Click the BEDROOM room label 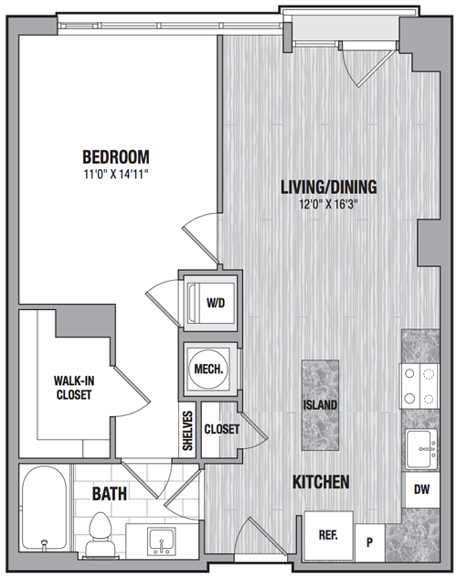[116, 157]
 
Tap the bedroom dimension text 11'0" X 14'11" [116, 174]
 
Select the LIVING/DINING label [329, 187]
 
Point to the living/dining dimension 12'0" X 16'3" [329, 204]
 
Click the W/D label [216, 303]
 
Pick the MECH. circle [208, 369]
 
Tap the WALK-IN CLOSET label [74, 387]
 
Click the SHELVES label [187, 431]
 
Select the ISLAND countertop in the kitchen [320, 405]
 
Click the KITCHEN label [321, 482]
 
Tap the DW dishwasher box [422, 489]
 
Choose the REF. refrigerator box [328, 535]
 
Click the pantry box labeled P [369, 542]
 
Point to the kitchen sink [421, 448]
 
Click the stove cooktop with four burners [420, 386]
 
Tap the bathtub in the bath [44, 509]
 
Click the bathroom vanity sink [162, 541]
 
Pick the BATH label [109, 494]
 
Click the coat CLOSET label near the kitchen [222, 429]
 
